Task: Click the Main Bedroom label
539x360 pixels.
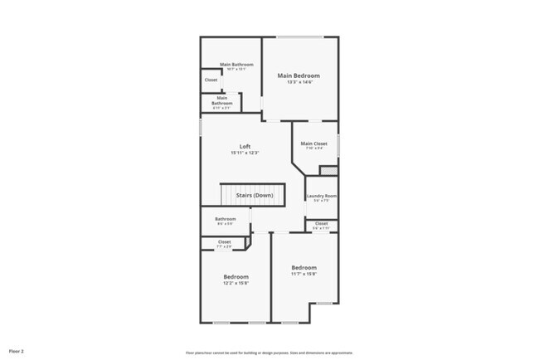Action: [299, 75]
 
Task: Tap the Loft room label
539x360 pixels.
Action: [245, 147]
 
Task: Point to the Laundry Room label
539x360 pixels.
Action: [321, 196]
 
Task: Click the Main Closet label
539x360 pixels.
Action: [314, 144]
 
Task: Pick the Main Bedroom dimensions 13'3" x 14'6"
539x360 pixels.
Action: [299, 82]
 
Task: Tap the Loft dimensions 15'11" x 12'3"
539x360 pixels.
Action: [245, 153]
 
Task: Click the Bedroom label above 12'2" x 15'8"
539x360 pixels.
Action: [236, 276]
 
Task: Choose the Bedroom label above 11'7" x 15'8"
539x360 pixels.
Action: [303, 267]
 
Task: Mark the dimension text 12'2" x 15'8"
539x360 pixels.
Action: [236, 284]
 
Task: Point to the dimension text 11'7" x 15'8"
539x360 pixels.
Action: [303, 274]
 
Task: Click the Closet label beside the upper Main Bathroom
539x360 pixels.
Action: [211, 80]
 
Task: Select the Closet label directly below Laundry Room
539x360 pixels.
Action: [321, 223]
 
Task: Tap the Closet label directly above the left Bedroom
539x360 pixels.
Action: [224, 242]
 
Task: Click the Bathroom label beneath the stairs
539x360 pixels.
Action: [226, 219]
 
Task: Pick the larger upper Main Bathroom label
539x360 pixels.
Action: [236, 64]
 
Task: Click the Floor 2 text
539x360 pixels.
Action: [17, 351]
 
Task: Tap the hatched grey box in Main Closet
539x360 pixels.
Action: [328, 171]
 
